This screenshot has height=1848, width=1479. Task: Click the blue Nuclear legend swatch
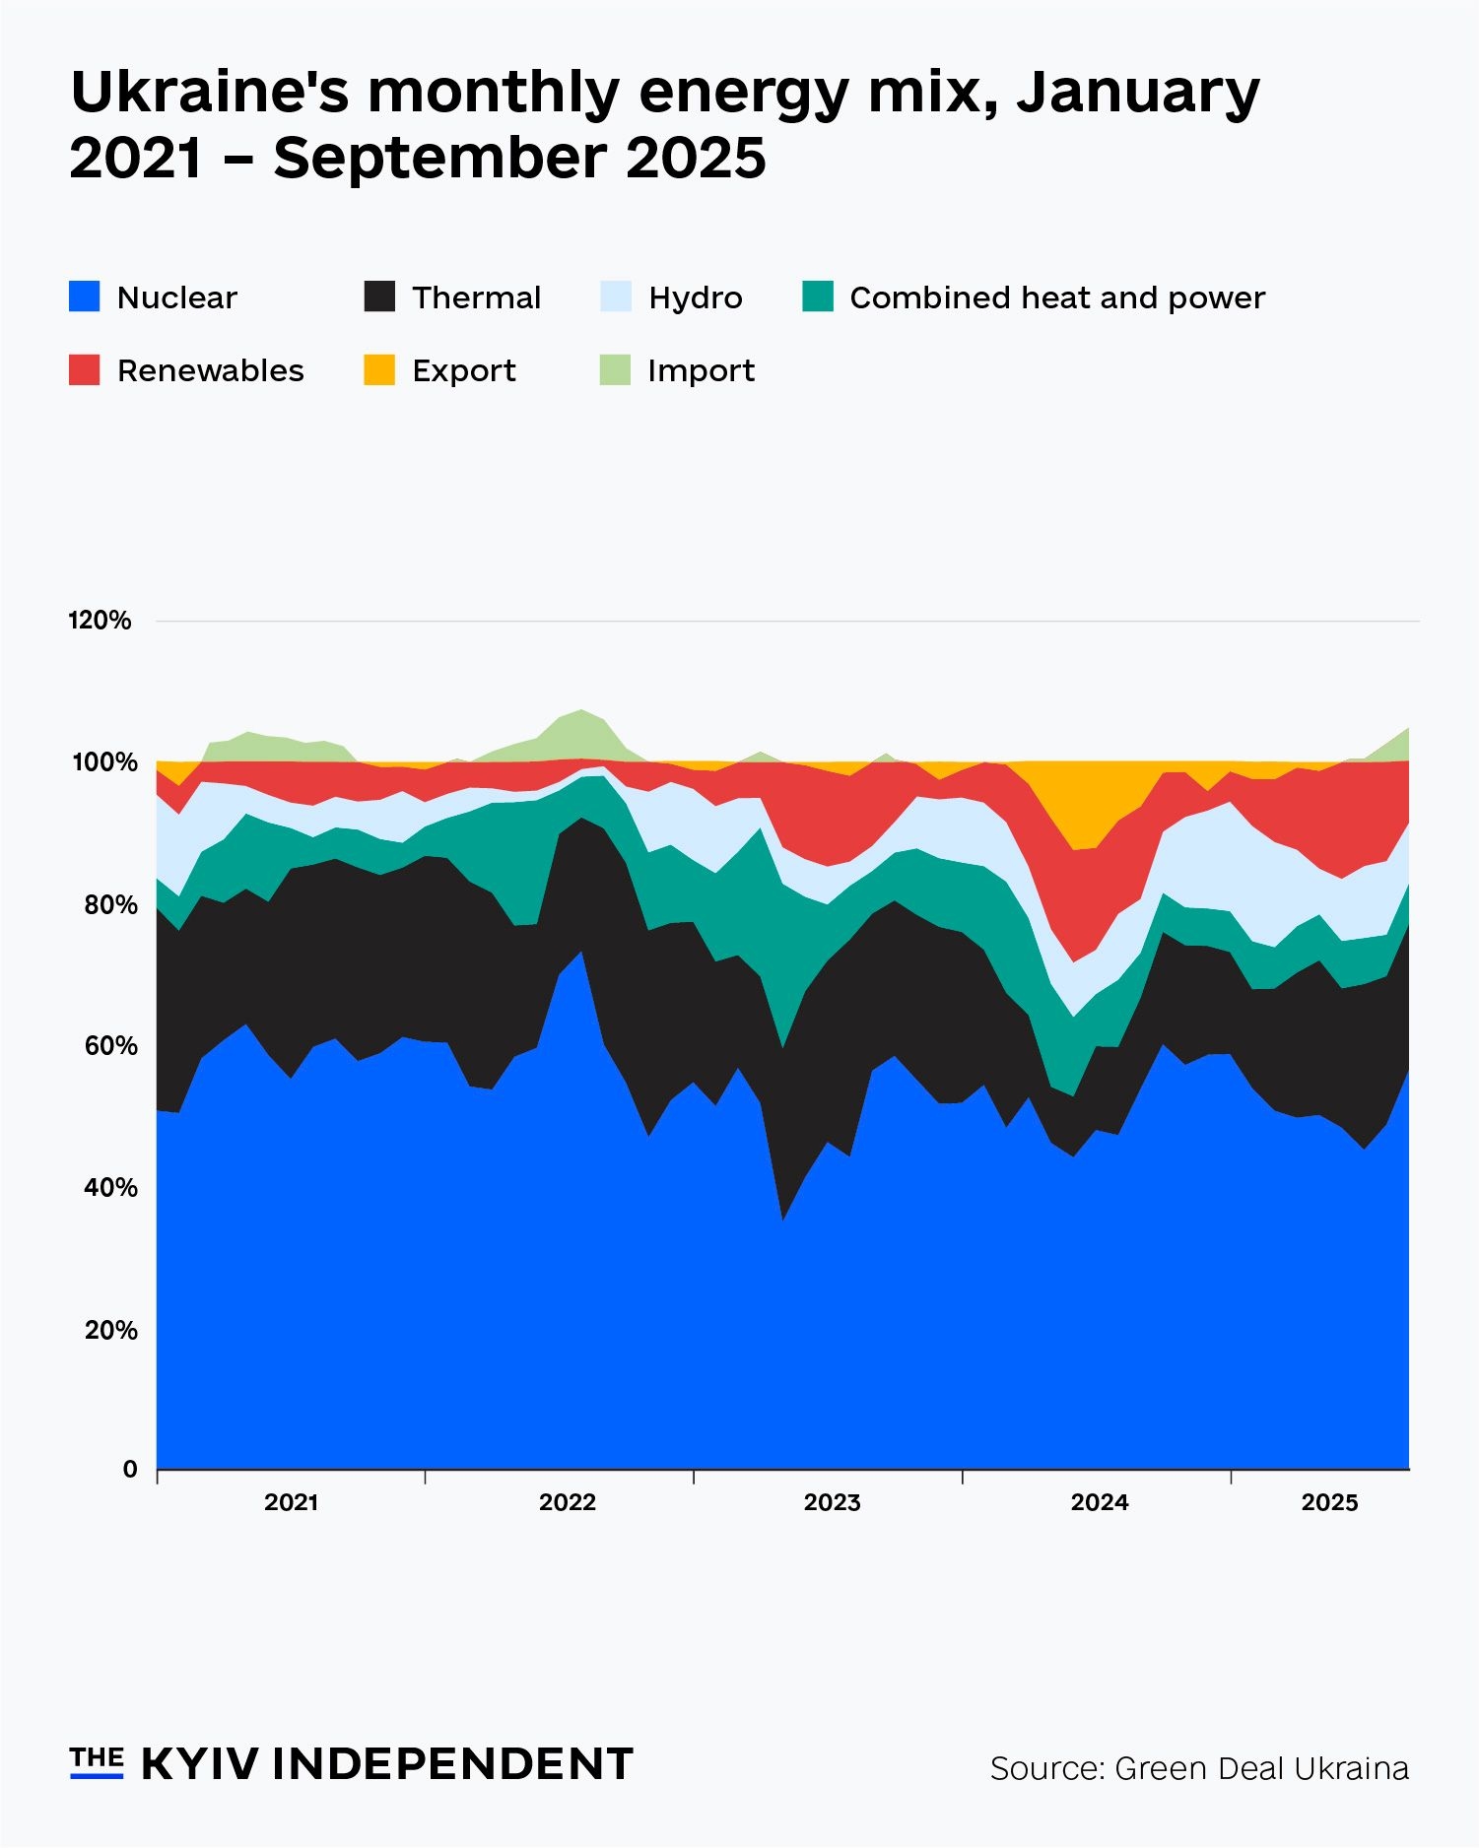tap(85, 297)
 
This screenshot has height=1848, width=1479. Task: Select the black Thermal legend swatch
tap(379, 297)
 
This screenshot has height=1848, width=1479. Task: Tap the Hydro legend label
tap(695, 297)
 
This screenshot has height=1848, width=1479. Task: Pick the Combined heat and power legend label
tap(1056, 297)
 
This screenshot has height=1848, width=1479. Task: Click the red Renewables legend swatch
tap(85, 370)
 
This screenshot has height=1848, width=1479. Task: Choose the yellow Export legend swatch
tap(379, 370)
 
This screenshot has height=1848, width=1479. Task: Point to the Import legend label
tap(701, 371)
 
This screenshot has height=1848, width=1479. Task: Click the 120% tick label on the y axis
tap(100, 621)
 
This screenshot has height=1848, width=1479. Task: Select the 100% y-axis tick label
tap(103, 762)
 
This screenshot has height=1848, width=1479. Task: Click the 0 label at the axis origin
tap(130, 1470)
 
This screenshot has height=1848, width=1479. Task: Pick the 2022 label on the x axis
tap(568, 1502)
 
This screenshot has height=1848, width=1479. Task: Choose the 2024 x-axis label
tap(1100, 1502)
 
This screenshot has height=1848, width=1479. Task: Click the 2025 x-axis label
tap(1329, 1502)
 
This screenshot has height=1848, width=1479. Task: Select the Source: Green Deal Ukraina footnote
tap(1199, 1768)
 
